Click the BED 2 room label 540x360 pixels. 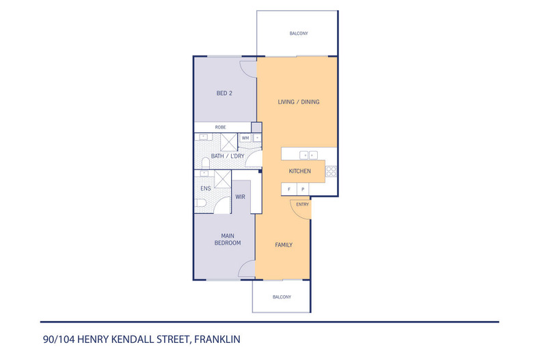(x=225, y=94)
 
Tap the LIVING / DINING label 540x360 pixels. (x=298, y=102)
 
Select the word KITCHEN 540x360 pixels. (x=300, y=171)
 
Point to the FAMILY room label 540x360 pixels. (x=284, y=245)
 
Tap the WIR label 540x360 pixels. (x=240, y=197)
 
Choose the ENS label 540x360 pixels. (x=205, y=189)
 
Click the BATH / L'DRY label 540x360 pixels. (x=228, y=156)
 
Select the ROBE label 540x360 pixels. (x=221, y=127)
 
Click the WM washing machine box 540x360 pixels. (x=245, y=138)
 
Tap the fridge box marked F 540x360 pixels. (x=288, y=189)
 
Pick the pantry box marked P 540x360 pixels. (x=301, y=189)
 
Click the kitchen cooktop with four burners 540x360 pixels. (x=331, y=171)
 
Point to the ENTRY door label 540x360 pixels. (x=302, y=204)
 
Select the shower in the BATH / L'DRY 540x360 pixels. (x=228, y=141)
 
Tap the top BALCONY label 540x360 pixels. (x=298, y=33)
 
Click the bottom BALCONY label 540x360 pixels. (x=282, y=297)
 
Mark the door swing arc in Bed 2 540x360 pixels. (x=247, y=69)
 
